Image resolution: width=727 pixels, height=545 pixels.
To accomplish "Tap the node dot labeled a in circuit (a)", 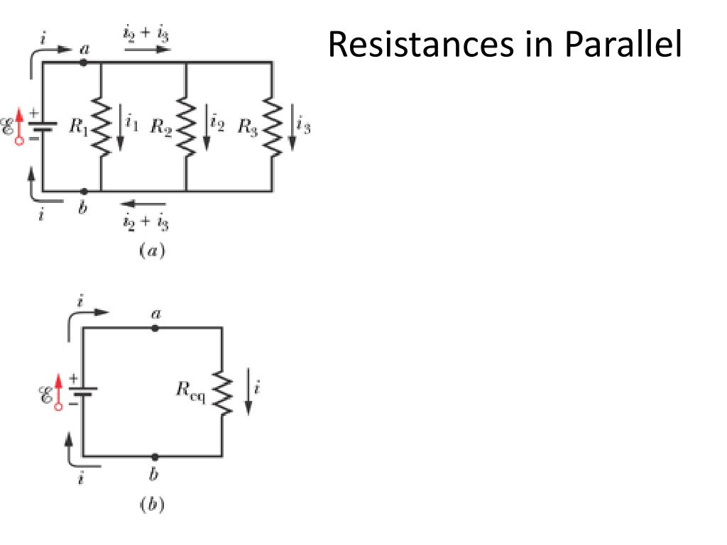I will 84,62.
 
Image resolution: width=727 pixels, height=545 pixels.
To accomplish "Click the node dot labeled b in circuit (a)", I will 84,192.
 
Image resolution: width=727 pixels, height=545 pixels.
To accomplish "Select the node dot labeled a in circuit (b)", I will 155,328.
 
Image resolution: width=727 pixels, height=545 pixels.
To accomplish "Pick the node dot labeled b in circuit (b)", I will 155,456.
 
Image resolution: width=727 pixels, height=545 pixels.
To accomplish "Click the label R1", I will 79,128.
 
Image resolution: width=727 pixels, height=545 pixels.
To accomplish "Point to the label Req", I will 191,391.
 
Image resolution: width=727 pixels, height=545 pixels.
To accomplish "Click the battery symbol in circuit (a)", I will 44,127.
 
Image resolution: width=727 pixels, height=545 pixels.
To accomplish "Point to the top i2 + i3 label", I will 146,33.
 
